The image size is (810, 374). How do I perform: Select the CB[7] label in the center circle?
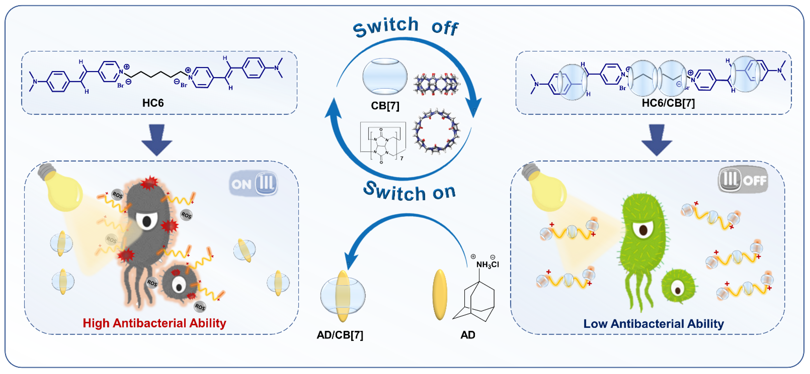(x=385, y=106)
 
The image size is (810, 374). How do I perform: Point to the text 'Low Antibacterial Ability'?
(x=653, y=324)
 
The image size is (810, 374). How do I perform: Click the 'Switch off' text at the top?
(x=406, y=27)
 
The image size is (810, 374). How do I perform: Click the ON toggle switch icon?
(x=253, y=183)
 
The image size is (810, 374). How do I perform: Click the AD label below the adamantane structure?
(x=468, y=335)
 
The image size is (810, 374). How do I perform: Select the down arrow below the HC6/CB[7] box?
(x=657, y=140)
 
